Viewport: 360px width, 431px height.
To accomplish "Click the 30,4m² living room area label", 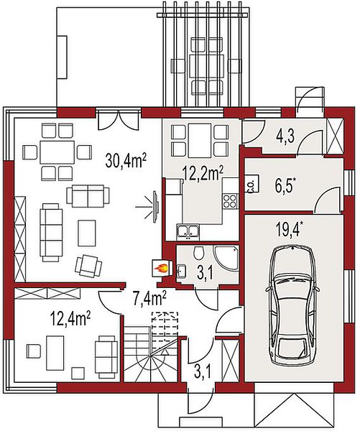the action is (x=126, y=161).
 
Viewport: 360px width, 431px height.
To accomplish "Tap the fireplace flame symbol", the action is (x=161, y=267).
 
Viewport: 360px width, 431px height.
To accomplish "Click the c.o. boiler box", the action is (x=251, y=184).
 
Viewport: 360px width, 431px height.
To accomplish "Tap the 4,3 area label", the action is (x=285, y=136).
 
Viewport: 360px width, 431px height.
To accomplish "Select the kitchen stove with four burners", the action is (x=230, y=200).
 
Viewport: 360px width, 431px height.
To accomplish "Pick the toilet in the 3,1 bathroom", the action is (x=198, y=252).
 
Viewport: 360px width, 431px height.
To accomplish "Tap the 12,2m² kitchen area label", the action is (x=203, y=173).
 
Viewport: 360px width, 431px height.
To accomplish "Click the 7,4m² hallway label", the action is (x=149, y=298).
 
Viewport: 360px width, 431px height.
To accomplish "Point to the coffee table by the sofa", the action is (x=87, y=233).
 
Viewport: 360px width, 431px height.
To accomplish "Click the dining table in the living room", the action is (x=57, y=152).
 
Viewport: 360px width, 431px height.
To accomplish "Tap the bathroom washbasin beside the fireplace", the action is (x=181, y=271).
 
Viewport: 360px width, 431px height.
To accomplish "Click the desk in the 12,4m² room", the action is (x=55, y=353).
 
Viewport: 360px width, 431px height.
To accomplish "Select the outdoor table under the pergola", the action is (x=206, y=66).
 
